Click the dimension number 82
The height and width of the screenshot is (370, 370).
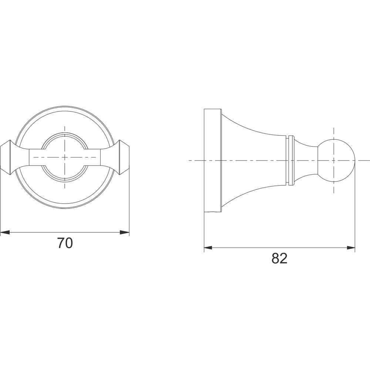coord(279,258)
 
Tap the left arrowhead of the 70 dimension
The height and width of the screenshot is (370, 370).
coord(5,232)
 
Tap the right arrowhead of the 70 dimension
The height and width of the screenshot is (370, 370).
coord(125,232)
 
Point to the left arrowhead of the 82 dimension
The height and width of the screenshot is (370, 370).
coord(208,248)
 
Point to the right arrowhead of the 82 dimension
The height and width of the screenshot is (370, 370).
coord(351,248)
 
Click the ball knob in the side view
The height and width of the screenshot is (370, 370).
coord(336,161)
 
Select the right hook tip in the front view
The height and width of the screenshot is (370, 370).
coord(124,157)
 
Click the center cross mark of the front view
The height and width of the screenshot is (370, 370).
coord(65,157)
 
